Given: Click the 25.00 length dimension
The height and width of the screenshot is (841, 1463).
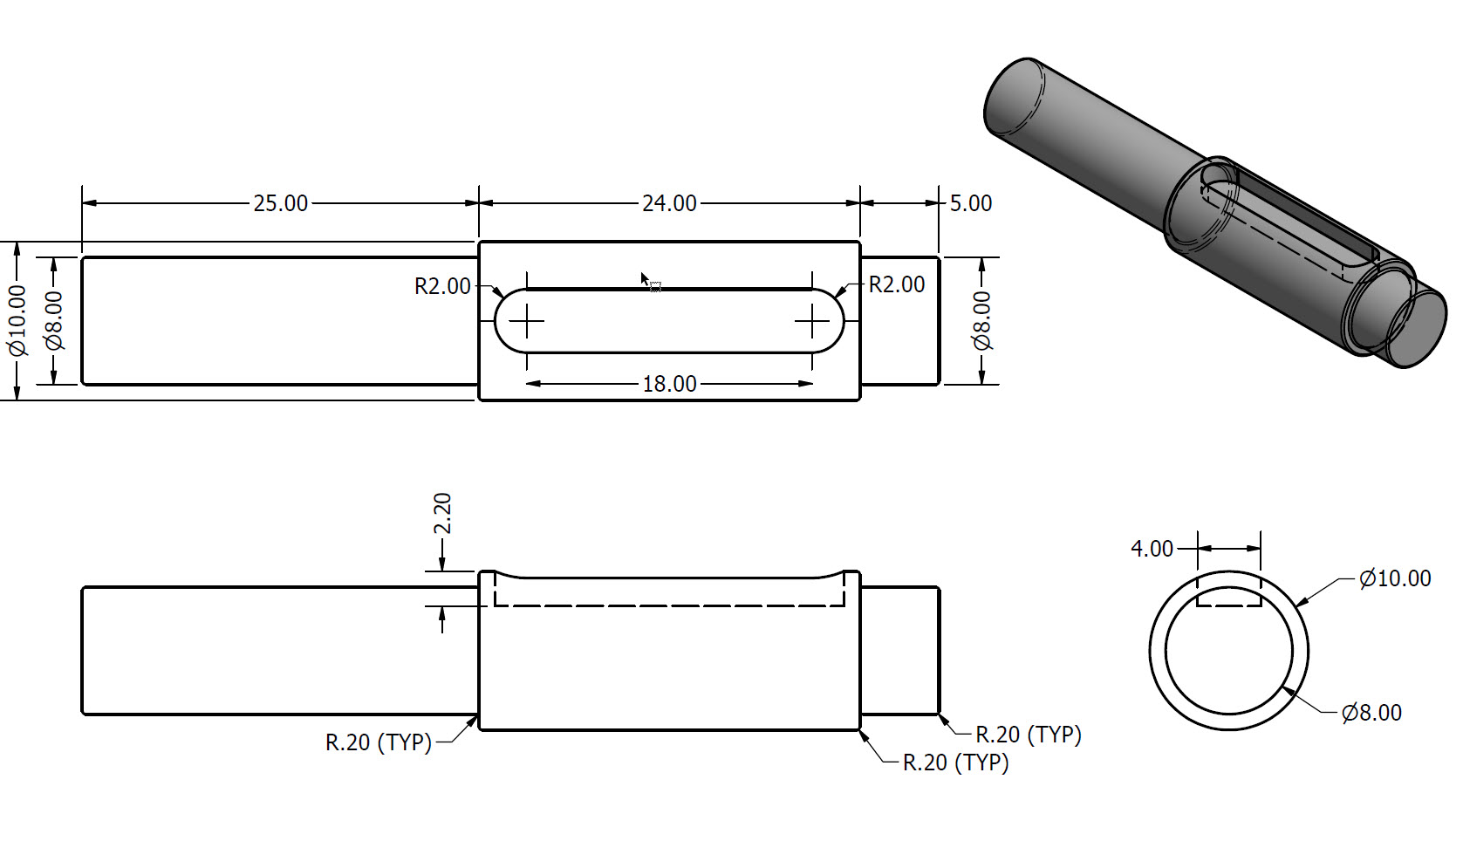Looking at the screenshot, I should (x=280, y=203).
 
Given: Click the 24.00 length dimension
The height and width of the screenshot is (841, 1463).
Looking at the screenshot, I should (x=669, y=203).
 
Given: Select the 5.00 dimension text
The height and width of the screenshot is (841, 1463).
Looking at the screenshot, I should (x=970, y=203).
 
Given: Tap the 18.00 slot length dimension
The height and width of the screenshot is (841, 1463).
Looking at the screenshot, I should (x=669, y=384).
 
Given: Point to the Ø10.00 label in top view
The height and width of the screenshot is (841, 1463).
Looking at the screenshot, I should (x=17, y=321).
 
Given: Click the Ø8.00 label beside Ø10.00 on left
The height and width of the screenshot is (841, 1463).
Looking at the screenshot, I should (x=54, y=321).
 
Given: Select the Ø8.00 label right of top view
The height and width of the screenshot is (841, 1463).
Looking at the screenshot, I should (x=982, y=321).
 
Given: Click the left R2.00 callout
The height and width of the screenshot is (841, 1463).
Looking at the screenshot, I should (x=442, y=286).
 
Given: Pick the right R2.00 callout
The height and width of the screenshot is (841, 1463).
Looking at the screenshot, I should (x=897, y=284).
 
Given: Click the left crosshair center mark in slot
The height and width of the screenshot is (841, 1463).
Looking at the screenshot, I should (x=526, y=322).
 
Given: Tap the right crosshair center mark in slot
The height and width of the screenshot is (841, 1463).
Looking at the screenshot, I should (x=813, y=322).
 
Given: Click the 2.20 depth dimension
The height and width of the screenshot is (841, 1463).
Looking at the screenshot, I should (x=442, y=514).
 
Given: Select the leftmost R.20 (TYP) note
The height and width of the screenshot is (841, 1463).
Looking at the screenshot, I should (x=379, y=742).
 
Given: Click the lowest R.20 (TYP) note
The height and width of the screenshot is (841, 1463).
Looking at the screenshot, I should (x=955, y=762).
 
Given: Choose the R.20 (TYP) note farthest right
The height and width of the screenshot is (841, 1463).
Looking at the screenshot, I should (x=1028, y=735).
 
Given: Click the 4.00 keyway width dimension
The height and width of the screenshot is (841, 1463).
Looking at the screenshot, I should (x=1152, y=549).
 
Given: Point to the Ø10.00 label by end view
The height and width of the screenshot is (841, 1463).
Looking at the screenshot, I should (x=1395, y=578).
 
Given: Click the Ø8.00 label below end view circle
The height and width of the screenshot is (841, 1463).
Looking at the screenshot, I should (x=1371, y=713).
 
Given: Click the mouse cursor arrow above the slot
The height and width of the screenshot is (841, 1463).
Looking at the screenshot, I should (x=646, y=280).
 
